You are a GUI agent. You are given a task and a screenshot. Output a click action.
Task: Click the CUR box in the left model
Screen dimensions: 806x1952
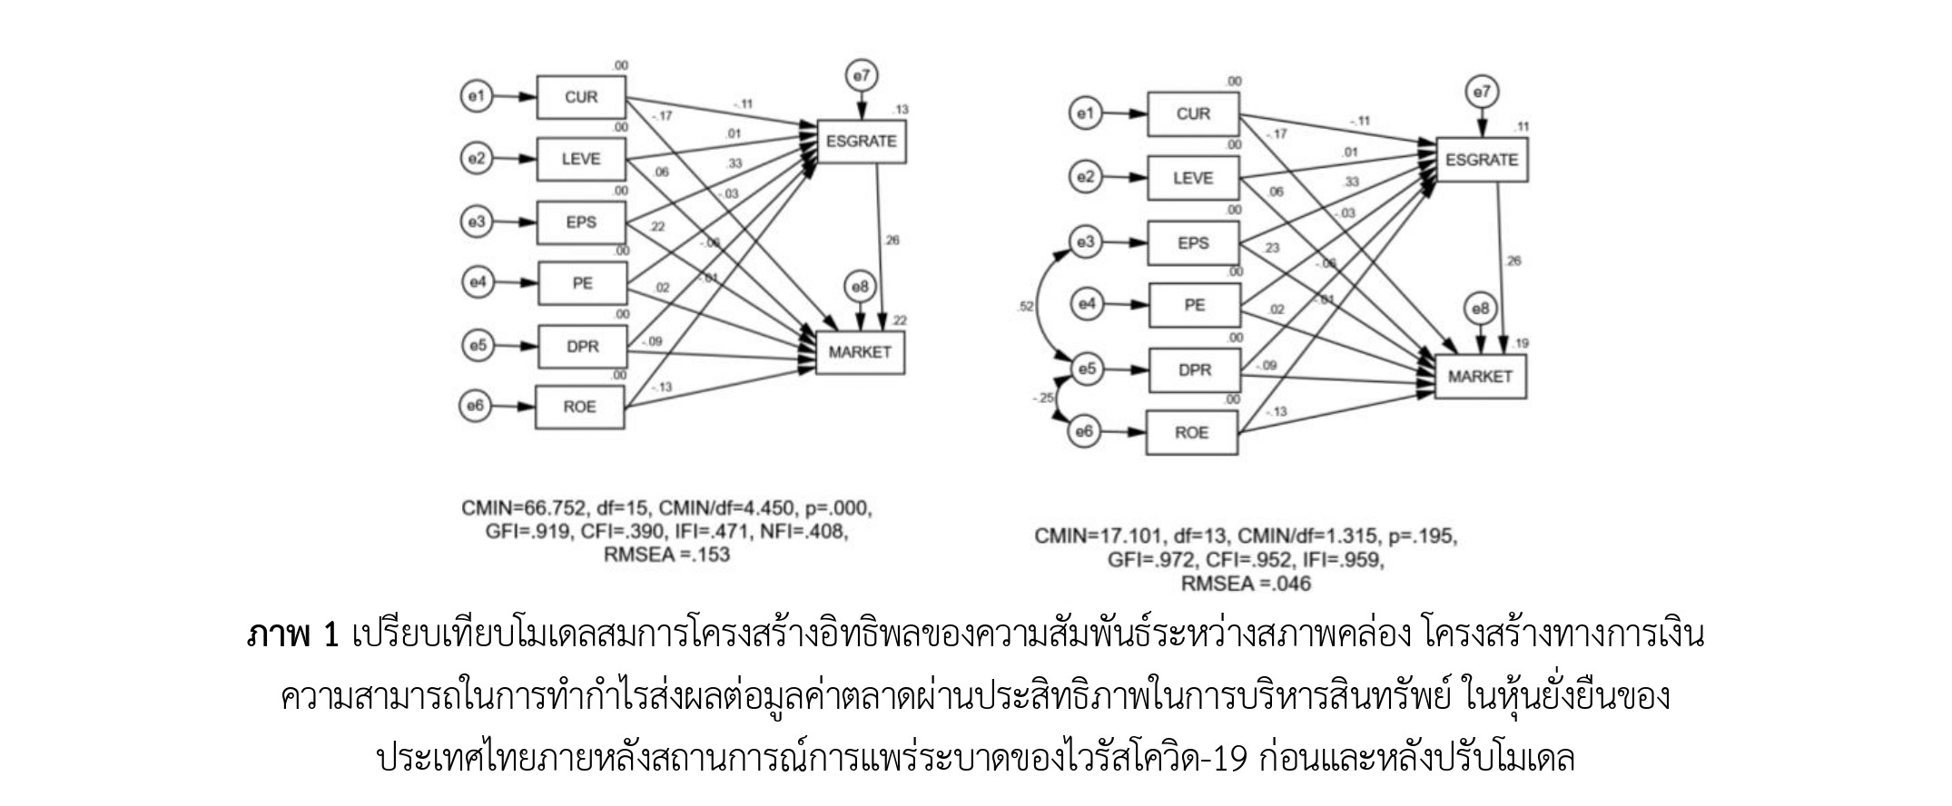point(581,97)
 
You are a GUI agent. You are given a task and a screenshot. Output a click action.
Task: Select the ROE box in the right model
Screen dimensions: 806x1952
point(1192,432)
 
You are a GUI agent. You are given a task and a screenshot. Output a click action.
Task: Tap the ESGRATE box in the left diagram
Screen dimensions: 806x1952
point(861,142)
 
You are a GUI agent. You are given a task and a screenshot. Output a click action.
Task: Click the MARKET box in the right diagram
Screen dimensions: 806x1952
point(1480,376)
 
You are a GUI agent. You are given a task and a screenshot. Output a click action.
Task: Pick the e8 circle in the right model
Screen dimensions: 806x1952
point(1481,310)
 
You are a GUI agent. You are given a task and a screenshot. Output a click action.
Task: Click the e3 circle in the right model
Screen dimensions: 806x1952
point(1085,242)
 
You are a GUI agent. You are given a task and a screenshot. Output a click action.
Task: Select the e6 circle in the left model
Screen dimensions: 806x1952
point(475,406)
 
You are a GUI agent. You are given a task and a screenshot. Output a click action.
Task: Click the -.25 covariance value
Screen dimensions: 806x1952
point(1042,398)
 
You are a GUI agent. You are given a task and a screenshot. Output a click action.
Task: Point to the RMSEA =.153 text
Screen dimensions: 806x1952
point(665,555)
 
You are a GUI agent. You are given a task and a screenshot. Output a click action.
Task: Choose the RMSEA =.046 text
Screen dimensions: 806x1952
point(1246,584)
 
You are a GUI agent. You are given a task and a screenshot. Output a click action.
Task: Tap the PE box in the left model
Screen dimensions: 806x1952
point(582,283)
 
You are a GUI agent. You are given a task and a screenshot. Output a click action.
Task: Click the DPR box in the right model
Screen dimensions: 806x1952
point(1194,370)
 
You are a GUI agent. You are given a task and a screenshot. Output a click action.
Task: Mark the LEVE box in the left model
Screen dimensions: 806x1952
point(581,159)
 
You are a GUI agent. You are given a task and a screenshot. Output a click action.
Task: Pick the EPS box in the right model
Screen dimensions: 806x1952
point(1193,242)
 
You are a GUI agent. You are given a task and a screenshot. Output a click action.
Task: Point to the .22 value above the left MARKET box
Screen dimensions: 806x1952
point(899,320)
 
